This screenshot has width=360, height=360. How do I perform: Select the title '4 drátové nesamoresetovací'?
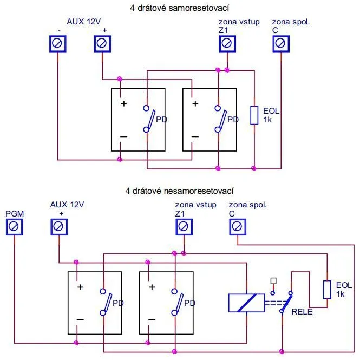[180, 191]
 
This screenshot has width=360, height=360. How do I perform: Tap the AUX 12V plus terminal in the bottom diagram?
[59, 227]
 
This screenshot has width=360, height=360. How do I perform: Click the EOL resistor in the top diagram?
[253, 116]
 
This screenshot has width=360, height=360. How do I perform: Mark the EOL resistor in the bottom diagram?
[326, 290]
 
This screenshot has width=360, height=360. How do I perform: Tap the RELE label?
[302, 312]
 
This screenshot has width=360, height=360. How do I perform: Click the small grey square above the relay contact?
[273, 280]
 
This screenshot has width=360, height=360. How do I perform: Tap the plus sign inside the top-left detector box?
[123, 103]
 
